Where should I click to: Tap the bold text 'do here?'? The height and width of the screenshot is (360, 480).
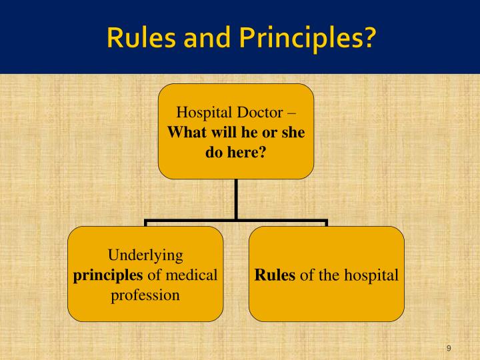tap(235, 153)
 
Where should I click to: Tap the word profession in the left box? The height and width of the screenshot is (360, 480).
tap(145, 294)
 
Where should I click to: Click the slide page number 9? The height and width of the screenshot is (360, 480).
tap(449, 349)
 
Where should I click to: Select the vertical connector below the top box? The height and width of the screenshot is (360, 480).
tap(235, 199)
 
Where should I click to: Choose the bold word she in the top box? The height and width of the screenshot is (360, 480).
tap(291, 132)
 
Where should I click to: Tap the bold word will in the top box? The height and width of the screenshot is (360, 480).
tap(221, 132)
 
